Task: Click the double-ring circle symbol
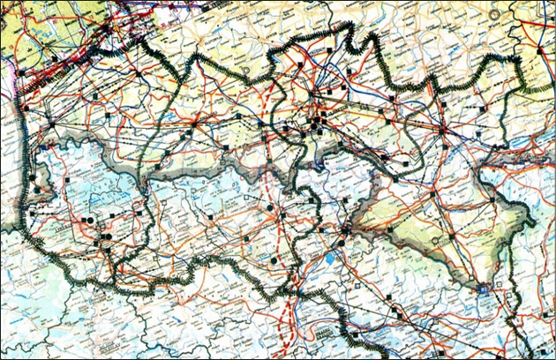pos(496,16)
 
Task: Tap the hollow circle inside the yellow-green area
pos(435,240)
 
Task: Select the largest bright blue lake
pos(329,260)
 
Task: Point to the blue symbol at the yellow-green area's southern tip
pos(483,289)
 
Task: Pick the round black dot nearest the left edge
pos(37,189)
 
